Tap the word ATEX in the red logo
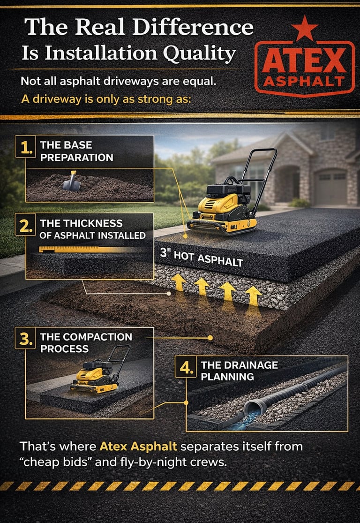pos(304,60)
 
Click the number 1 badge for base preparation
pos(25,146)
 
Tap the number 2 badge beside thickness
pos(25,225)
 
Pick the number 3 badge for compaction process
pos(25,338)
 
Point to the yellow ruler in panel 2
pos(87,249)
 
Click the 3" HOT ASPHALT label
pos(202,257)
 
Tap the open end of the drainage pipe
pos(252,409)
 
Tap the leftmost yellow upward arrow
pos(179,283)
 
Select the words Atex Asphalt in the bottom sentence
pos(138,446)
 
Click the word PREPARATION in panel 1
pos(77,158)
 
